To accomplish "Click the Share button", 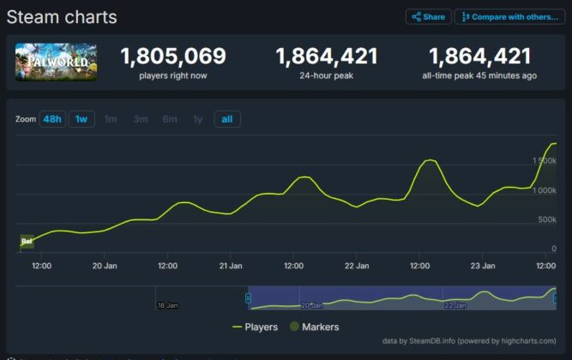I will click(x=428, y=17).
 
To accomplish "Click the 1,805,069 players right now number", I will click(x=173, y=57).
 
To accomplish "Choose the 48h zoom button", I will click(x=51, y=119).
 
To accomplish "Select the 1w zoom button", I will click(x=81, y=119).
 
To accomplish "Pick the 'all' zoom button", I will click(x=227, y=119).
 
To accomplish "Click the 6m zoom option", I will click(x=170, y=119).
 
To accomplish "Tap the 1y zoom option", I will click(x=198, y=119).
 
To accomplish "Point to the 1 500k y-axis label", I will click(x=545, y=161).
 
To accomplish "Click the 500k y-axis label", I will click(x=547, y=220).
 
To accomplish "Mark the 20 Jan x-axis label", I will click(x=105, y=266).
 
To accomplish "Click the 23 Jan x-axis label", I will click(x=483, y=266).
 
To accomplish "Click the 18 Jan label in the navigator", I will click(x=167, y=305).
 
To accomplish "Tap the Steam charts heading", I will click(x=62, y=17).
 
